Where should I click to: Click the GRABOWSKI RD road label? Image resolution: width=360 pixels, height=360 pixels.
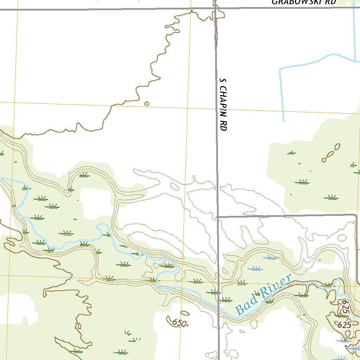click(x=304, y=2)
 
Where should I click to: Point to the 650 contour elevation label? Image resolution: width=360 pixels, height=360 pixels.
click(x=179, y=322)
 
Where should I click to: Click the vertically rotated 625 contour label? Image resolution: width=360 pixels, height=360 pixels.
click(x=345, y=307)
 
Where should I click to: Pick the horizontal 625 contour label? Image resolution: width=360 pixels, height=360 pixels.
click(x=344, y=325)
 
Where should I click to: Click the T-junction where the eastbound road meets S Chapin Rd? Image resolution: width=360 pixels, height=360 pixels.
click(x=218, y=217)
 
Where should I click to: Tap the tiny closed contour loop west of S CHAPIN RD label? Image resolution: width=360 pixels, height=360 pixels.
click(x=147, y=104)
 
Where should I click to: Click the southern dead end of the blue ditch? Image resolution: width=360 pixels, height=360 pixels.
click(x=283, y=121)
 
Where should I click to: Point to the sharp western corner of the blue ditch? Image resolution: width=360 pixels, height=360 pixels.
click(x=280, y=69)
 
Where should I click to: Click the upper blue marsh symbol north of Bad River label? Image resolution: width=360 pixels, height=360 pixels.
click(x=270, y=257)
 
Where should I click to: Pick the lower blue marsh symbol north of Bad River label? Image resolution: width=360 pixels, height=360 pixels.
click(x=255, y=269)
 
